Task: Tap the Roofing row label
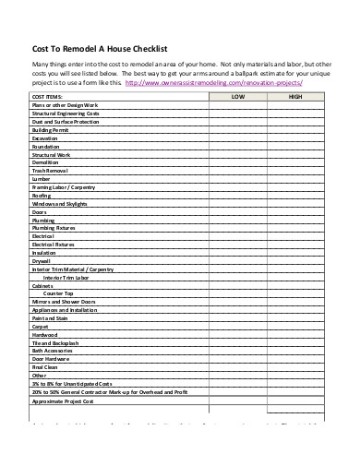click(x=42, y=196)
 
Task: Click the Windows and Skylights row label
click(x=59, y=204)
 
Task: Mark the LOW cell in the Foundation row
click(x=238, y=147)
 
